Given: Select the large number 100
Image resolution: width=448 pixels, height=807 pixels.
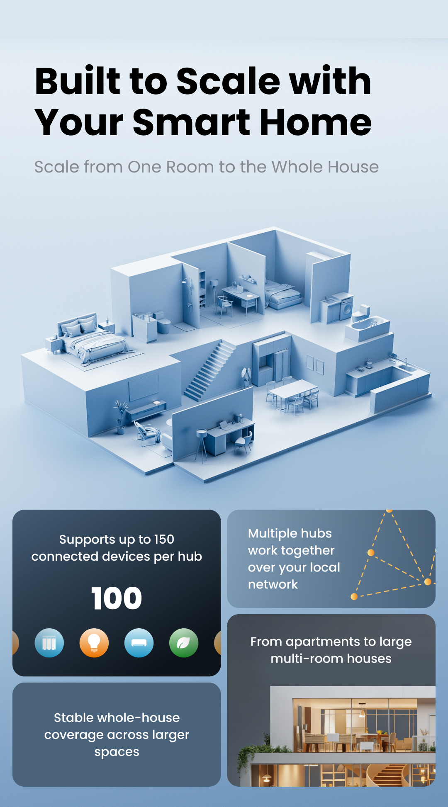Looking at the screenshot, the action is click(x=117, y=598).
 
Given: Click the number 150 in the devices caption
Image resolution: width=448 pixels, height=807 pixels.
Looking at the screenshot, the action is click(x=164, y=539).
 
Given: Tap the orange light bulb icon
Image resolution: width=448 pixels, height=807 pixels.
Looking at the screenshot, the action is click(x=94, y=643).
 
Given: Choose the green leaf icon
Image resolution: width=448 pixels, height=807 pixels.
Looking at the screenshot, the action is click(x=184, y=643).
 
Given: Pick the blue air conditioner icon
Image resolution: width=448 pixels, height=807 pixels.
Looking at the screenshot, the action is click(x=139, y=643).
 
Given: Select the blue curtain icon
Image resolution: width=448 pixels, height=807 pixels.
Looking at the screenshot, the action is click(x=49, y=643).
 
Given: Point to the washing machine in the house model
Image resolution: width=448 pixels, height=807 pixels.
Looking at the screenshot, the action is click(x=346, y=307).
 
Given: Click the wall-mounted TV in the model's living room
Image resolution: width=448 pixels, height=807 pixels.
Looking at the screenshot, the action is click(x=144, y=386).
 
